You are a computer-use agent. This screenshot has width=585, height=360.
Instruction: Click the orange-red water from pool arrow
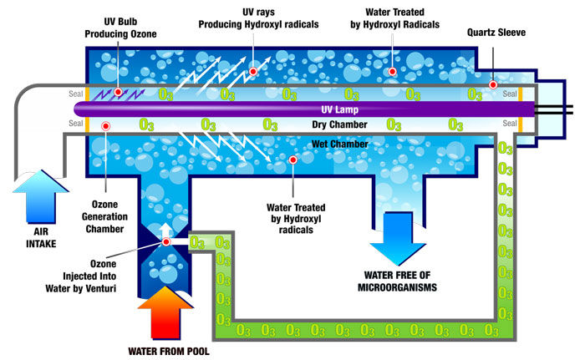(x=165, y=310)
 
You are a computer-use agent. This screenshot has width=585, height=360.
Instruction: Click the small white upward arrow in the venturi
(x=166, y=227)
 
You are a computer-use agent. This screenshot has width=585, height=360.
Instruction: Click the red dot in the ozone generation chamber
(x=106, y=125)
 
